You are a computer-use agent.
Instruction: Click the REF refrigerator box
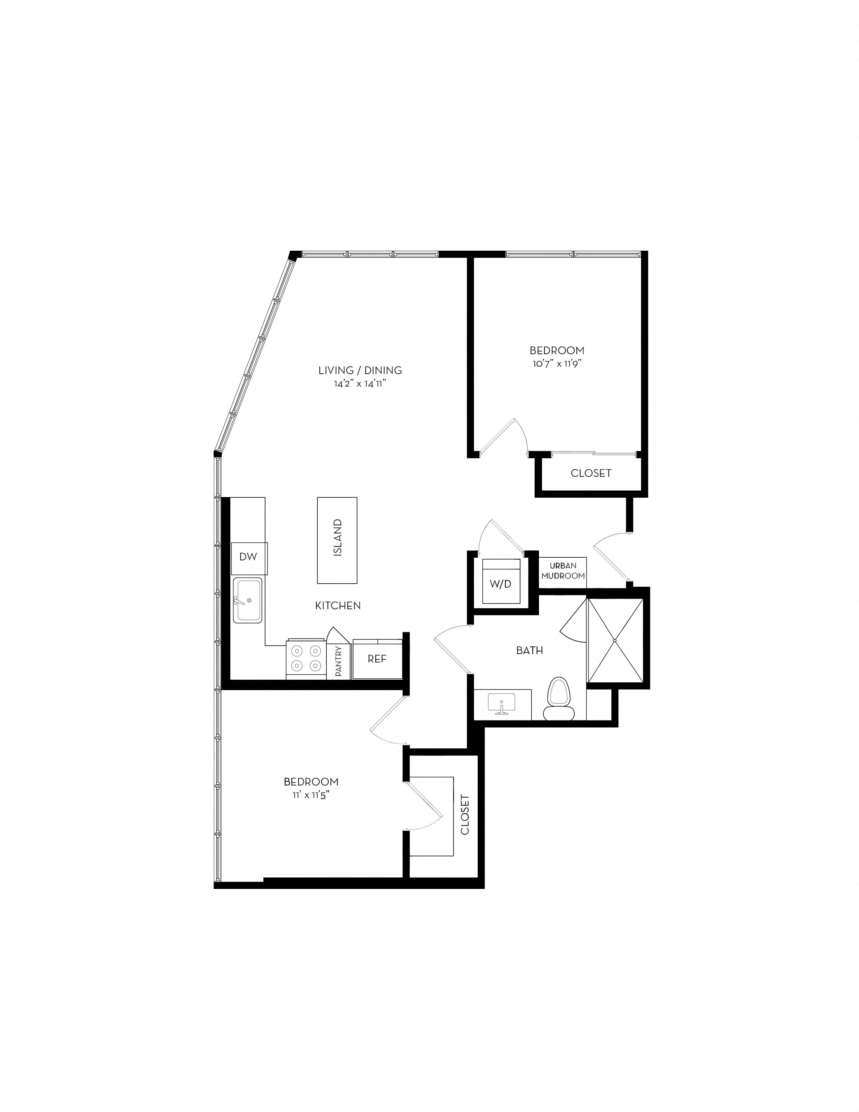tap(377, 659)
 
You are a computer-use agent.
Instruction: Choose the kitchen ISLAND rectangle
tap(337, 540)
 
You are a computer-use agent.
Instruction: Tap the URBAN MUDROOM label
tap(563, 571)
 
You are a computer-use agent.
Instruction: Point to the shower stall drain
tap(615, 640)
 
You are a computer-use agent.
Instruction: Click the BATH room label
tap(529, 650)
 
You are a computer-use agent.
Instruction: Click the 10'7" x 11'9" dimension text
tap(557, 364)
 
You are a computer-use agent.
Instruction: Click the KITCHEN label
tap(338, 606)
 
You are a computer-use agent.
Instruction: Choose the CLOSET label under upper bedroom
tap(591, 473)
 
